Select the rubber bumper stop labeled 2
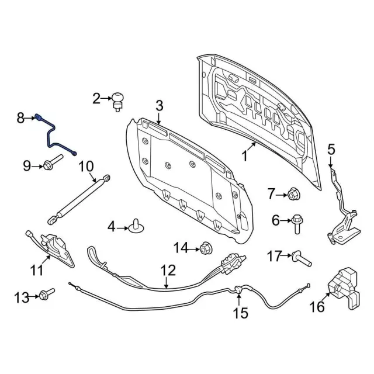point(119,100)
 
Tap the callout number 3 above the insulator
point(158,106)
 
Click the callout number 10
point(86,166)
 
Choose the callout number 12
point(168,271)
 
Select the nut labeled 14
point(205,248)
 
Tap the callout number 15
point(241,313)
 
